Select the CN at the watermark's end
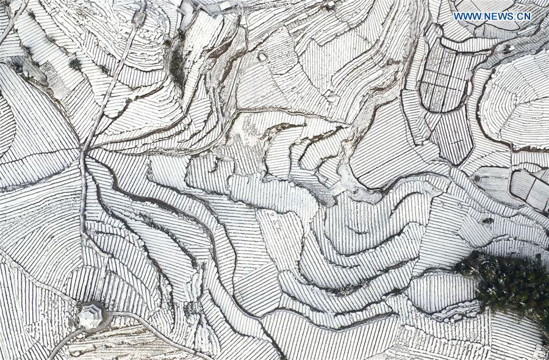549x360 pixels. tap(524, 16)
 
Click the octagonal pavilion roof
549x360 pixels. tap(90, 316)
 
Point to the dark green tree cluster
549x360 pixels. tap(509, 283)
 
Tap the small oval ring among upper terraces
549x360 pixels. tap(262, 57)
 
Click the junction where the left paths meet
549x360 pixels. tap(85, 150)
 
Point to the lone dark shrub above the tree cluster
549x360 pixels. tap(488, 220)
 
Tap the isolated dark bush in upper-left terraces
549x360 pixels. tap(74, 63)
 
